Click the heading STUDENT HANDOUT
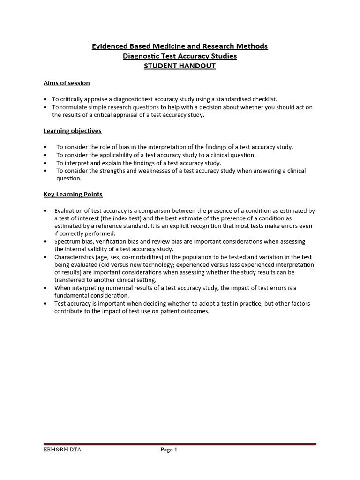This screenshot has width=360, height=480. pyautogui.click(x=180, y=66)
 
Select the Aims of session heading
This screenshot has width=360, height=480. pyautogui.click(x=67, y=83)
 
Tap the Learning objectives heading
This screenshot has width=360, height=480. pyautogui.click(x=72, y=131)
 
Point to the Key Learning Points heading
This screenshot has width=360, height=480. pyautogui.click(x=73, y=194)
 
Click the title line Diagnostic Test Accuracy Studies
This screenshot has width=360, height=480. pyautogui.click(x=180, y=56)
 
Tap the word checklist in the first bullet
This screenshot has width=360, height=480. pyautogui.click(x=264, y=99)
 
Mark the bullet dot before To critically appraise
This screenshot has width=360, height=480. pyautogui.click(x=45, y=99)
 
